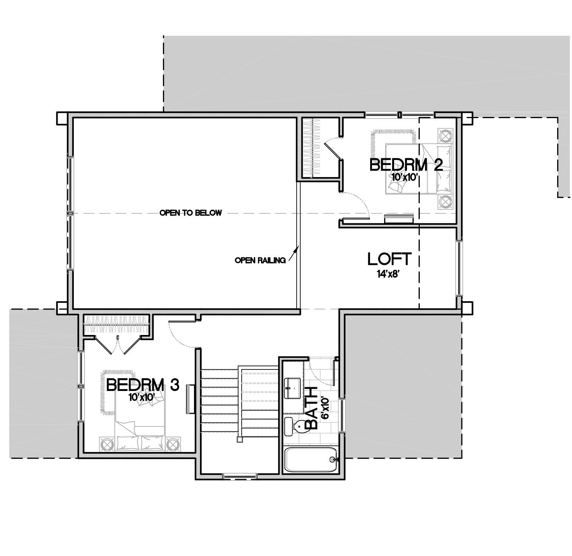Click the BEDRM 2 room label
pyautogui.click(x=406, y=165)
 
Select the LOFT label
pyautogui.click(x=389, y=259)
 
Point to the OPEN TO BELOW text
pyautogui.click(x=191, y=213)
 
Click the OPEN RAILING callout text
pyautogui.click(x=260, y=260)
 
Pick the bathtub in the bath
pyautogui.click(x=311, y=460)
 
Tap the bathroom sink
pyautogui.click(x=292, y=388)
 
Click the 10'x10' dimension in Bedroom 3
pyautogui.click(x=142, y=397)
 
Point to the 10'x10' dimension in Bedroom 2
pyautogui.click(x=404, y=177)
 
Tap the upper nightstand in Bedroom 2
pyautogui.click(x=445, y=135)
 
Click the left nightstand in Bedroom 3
pyautogui.click(x=106, y=444)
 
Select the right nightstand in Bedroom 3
pyautogui.click(x=173, y=444)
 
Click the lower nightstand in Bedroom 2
pyautogui.click(x=445, y=202)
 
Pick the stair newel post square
pyautogui.click(x=239, y=439)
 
